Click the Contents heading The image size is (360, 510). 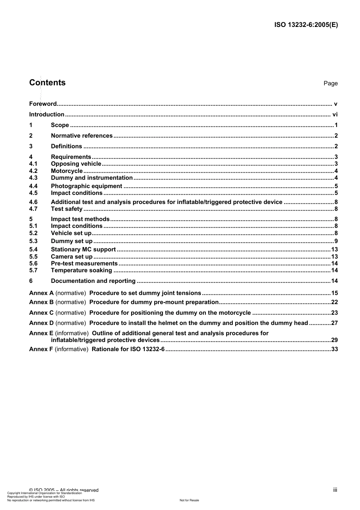[47, 83]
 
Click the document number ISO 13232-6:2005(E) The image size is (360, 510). [306, 25]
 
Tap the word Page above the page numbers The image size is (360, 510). [330, 83]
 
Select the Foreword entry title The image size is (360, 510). [43, 104]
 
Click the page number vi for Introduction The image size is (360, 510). [335, 115]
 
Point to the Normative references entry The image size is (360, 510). [81, 136]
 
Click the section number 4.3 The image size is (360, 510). [33, 178]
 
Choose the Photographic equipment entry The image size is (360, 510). [86, 186]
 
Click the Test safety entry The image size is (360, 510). [67, 209]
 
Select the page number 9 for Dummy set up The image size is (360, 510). [336, 241]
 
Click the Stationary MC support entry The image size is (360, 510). [83, 250]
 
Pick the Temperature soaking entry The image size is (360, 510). [81, 270]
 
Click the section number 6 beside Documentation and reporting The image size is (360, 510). [31, 281]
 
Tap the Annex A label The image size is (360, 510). [41, 293]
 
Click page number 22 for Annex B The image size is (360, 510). [334, 302]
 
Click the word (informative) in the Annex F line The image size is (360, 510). [71, 349]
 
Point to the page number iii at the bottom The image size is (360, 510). [335, 490]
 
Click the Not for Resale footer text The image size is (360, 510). [189, 500]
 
